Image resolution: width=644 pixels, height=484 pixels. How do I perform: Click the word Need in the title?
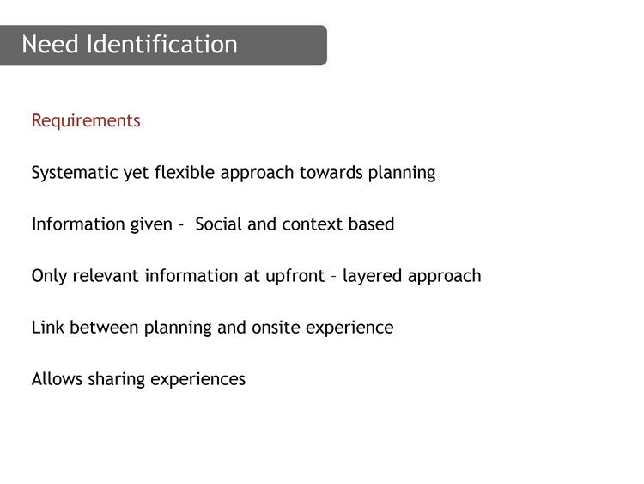coord(50,44)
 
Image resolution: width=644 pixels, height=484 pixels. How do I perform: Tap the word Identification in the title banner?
coord(162,44)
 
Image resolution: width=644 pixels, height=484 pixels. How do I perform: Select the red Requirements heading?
coord(86,121)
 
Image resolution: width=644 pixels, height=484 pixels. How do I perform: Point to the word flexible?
coord(185,172)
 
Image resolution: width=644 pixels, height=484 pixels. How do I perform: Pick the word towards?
coord(331,172)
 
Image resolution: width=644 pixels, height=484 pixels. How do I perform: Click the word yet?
coord(137,173)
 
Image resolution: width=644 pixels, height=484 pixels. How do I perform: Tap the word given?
coord(151,225)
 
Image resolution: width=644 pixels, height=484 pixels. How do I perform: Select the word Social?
coord(218,224)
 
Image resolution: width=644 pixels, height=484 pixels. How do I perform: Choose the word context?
coord(313,224)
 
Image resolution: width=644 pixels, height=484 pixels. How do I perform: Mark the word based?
coord(371,224)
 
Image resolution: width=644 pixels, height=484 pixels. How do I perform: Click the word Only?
coord(49,276)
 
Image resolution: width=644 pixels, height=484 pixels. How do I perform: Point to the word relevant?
coord(106,276)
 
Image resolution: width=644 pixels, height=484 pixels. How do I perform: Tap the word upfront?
coord(295,276)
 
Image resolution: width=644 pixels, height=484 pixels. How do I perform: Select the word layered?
coord(372,276)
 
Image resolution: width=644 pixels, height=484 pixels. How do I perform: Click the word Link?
coord(47,328)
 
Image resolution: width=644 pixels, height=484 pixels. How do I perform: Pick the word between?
coord(104,328)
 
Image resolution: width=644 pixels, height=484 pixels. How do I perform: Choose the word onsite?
coord(276,328)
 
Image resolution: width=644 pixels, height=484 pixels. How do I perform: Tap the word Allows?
coord(57,379)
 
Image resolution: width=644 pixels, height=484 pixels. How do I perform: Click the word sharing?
coord(117,380)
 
